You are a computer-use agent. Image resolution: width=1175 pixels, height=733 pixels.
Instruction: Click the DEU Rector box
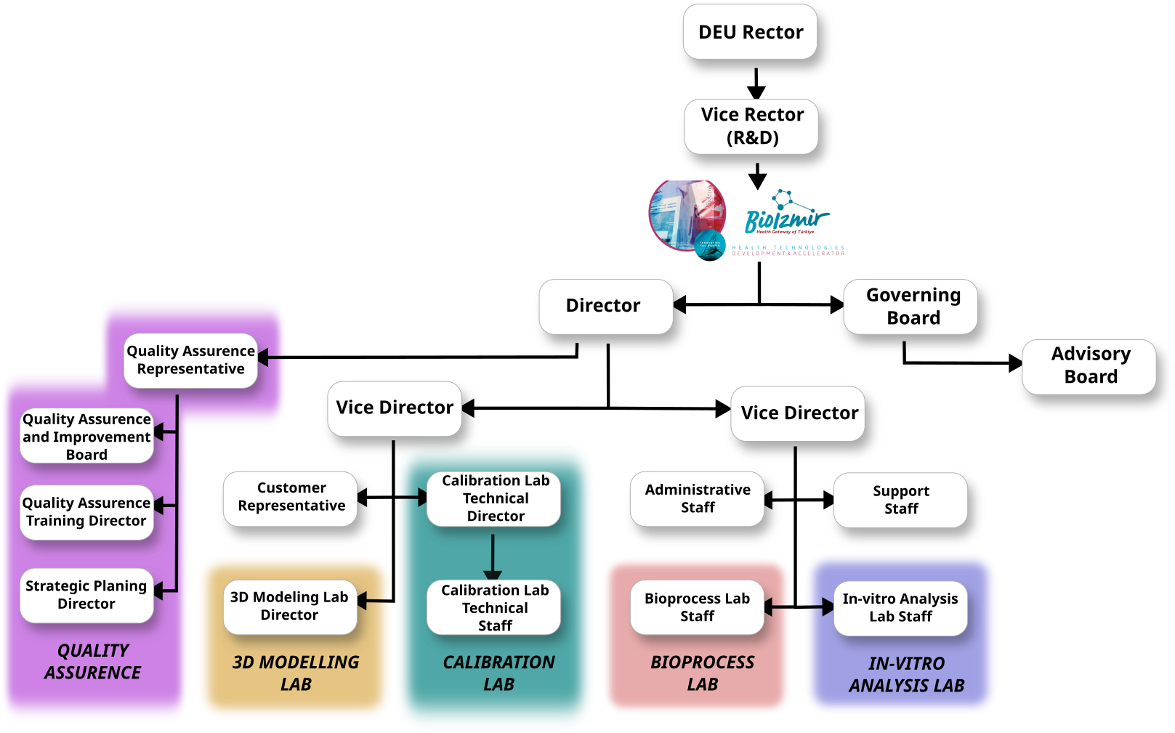coord(751,33)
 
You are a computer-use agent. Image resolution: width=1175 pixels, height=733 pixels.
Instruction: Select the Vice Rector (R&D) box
coord(752,126)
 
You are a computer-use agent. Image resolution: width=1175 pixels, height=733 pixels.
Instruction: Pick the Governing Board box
coord(913,307)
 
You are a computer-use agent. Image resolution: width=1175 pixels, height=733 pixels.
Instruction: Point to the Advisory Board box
coord(1090,365)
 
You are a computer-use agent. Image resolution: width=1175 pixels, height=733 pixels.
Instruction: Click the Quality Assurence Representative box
coord(190,360)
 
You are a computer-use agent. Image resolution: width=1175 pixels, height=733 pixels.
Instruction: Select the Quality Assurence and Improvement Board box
coord(86,437)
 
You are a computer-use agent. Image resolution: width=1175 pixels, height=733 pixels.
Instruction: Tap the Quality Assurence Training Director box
coord(86,512)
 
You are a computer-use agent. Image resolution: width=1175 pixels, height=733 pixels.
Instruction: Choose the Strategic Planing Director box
coord(86,595)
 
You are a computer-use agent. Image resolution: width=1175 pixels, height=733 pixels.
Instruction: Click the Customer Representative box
coord(291,497)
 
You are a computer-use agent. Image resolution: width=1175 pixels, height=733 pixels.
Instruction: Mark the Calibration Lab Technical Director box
coord(495,498)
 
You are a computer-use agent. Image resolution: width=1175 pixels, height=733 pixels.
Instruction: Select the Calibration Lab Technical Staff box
coord(495,608)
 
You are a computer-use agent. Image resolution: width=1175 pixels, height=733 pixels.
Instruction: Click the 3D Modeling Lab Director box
coord(289,606)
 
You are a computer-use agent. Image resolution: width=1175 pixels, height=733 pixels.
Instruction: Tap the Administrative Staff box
coord(698,498)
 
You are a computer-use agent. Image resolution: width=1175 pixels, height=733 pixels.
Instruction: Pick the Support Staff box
coord(901,500)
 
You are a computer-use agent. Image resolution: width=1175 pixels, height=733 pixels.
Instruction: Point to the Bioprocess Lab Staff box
coord(697,607)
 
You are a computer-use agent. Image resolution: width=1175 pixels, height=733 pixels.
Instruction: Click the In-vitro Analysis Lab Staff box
coord(900,607)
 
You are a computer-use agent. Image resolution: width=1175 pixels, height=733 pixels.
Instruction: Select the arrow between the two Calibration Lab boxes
coord(493,555)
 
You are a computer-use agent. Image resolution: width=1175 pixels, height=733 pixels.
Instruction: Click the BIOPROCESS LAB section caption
coord(702,673)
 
